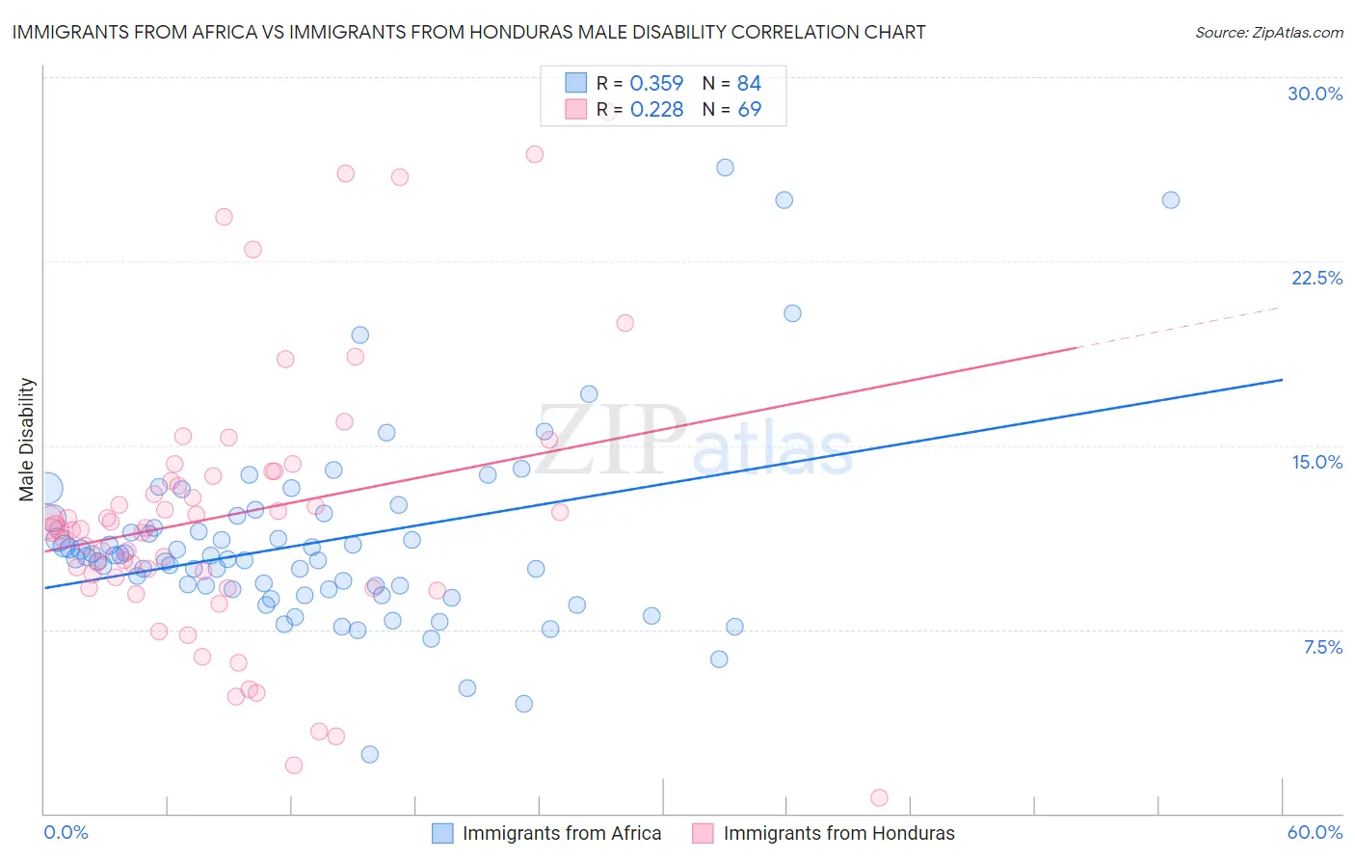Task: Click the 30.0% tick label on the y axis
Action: click(x=1315, y=94)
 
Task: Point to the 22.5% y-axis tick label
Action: click(x=1316, y=278)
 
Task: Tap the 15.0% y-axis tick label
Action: click(x=1316, y=462)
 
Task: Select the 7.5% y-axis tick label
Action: click(x=1322, y=647)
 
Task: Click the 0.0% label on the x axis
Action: click(x=66, y=832)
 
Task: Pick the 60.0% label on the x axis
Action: click(x=1315, y=832)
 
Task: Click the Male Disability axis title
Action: click(x=27, y=439)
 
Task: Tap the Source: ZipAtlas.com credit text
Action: click(x=1268, y=32)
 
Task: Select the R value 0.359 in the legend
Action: click(x=656, y=84)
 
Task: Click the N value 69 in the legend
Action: click(x=749, y=110)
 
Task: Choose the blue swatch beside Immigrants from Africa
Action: click(x=442, y=833)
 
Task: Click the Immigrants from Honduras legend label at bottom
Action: click(x=838, y=833)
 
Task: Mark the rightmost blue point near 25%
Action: click(x=1170, y=201)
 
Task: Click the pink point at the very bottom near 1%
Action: click(x=879, y=797)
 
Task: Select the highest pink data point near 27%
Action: click(x=535, y=154)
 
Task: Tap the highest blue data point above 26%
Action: click(x=725, y=168)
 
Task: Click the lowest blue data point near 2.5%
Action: click(x=369, y=754)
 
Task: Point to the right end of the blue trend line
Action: click(x=1282, y=380)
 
